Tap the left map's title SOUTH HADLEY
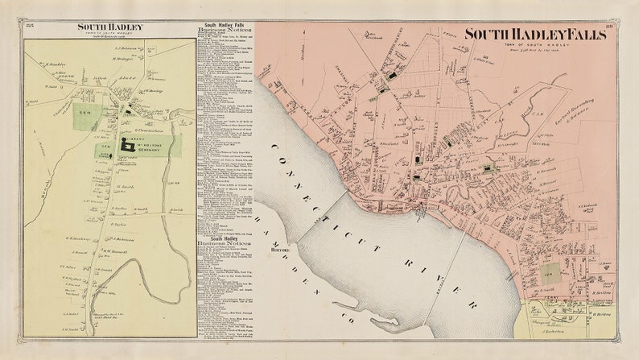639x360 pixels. [x=110, y=27]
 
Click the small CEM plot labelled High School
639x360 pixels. [x=103, y=151]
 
